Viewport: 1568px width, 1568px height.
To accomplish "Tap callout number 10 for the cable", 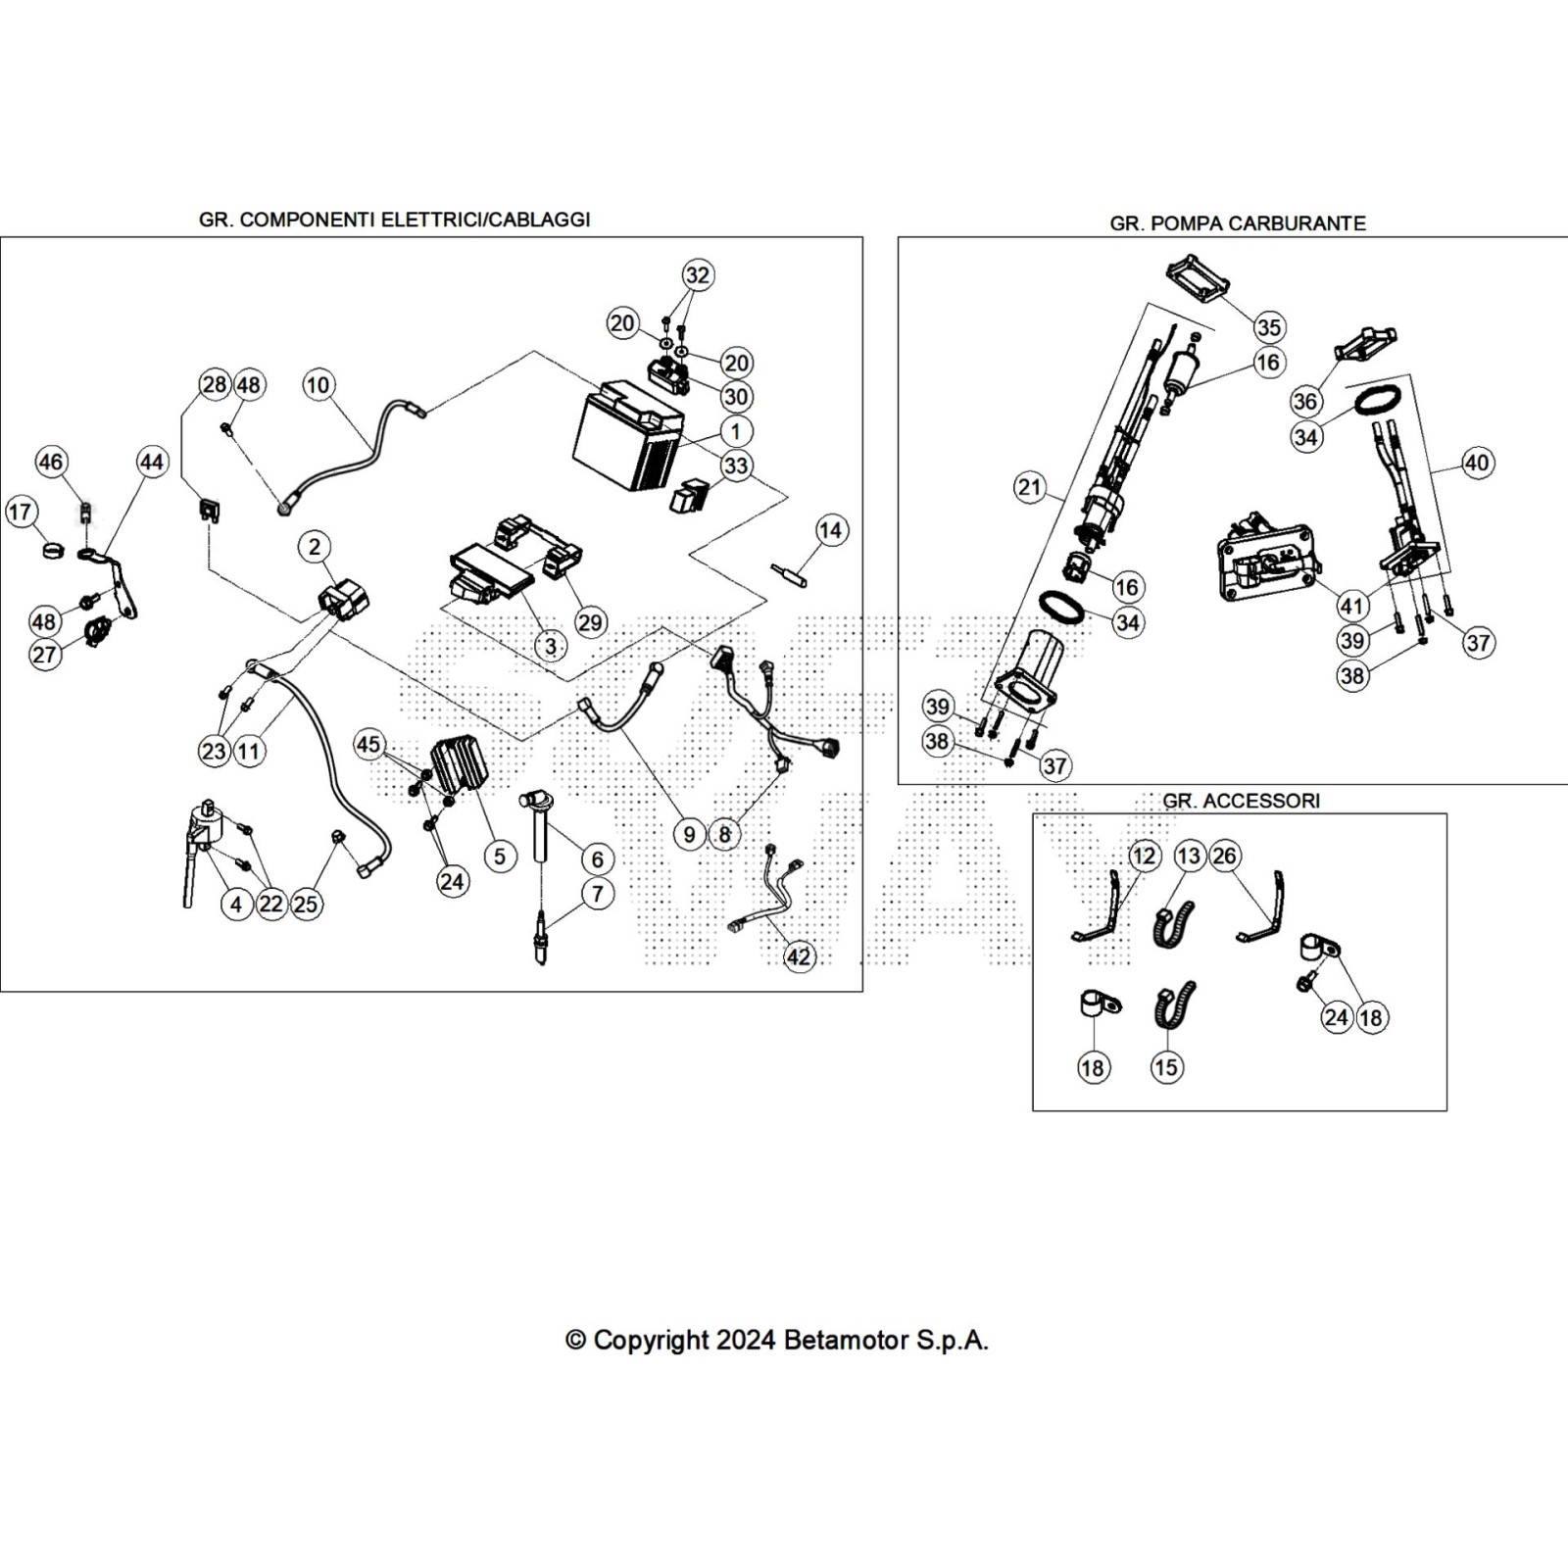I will (318, 384).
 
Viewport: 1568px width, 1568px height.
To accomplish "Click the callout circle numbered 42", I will (799, 955).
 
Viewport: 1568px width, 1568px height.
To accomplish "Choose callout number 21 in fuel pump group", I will (1030, 487).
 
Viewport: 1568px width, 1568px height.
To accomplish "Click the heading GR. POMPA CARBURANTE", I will (1237, 223).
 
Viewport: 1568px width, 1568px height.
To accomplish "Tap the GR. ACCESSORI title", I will (1241, 801).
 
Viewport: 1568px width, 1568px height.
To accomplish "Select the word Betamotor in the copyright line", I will (846, 1340).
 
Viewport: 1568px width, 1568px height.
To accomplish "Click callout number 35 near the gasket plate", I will (1268, 327).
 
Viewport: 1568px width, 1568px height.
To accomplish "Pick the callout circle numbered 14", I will (830, 530).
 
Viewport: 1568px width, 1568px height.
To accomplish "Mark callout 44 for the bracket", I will (152, 462).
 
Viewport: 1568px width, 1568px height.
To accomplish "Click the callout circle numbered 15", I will (1166, 1067).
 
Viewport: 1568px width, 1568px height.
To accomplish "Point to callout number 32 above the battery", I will (697, 275).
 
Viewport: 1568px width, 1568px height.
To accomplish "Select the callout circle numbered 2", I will (314, 547).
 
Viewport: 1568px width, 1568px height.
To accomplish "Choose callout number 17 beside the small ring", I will (22, 512).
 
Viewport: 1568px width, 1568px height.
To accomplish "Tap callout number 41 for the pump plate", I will (1352, 605).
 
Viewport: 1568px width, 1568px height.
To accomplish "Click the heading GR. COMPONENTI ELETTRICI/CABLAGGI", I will (394, 220).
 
